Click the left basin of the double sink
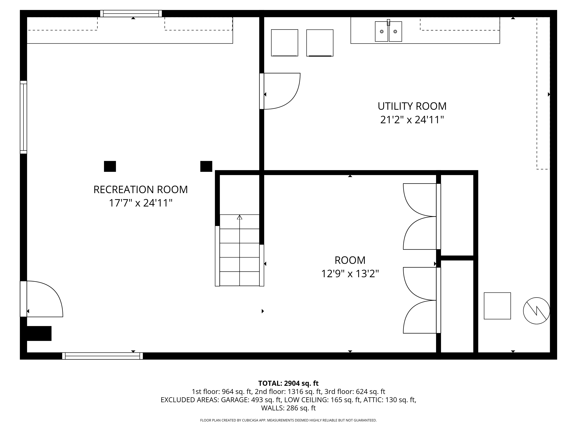381,32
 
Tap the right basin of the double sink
395,32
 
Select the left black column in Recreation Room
110,166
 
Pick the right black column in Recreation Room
206,166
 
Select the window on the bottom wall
103,356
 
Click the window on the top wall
131,14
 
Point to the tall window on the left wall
24,117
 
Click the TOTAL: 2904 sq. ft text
288,383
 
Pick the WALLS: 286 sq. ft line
288,408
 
